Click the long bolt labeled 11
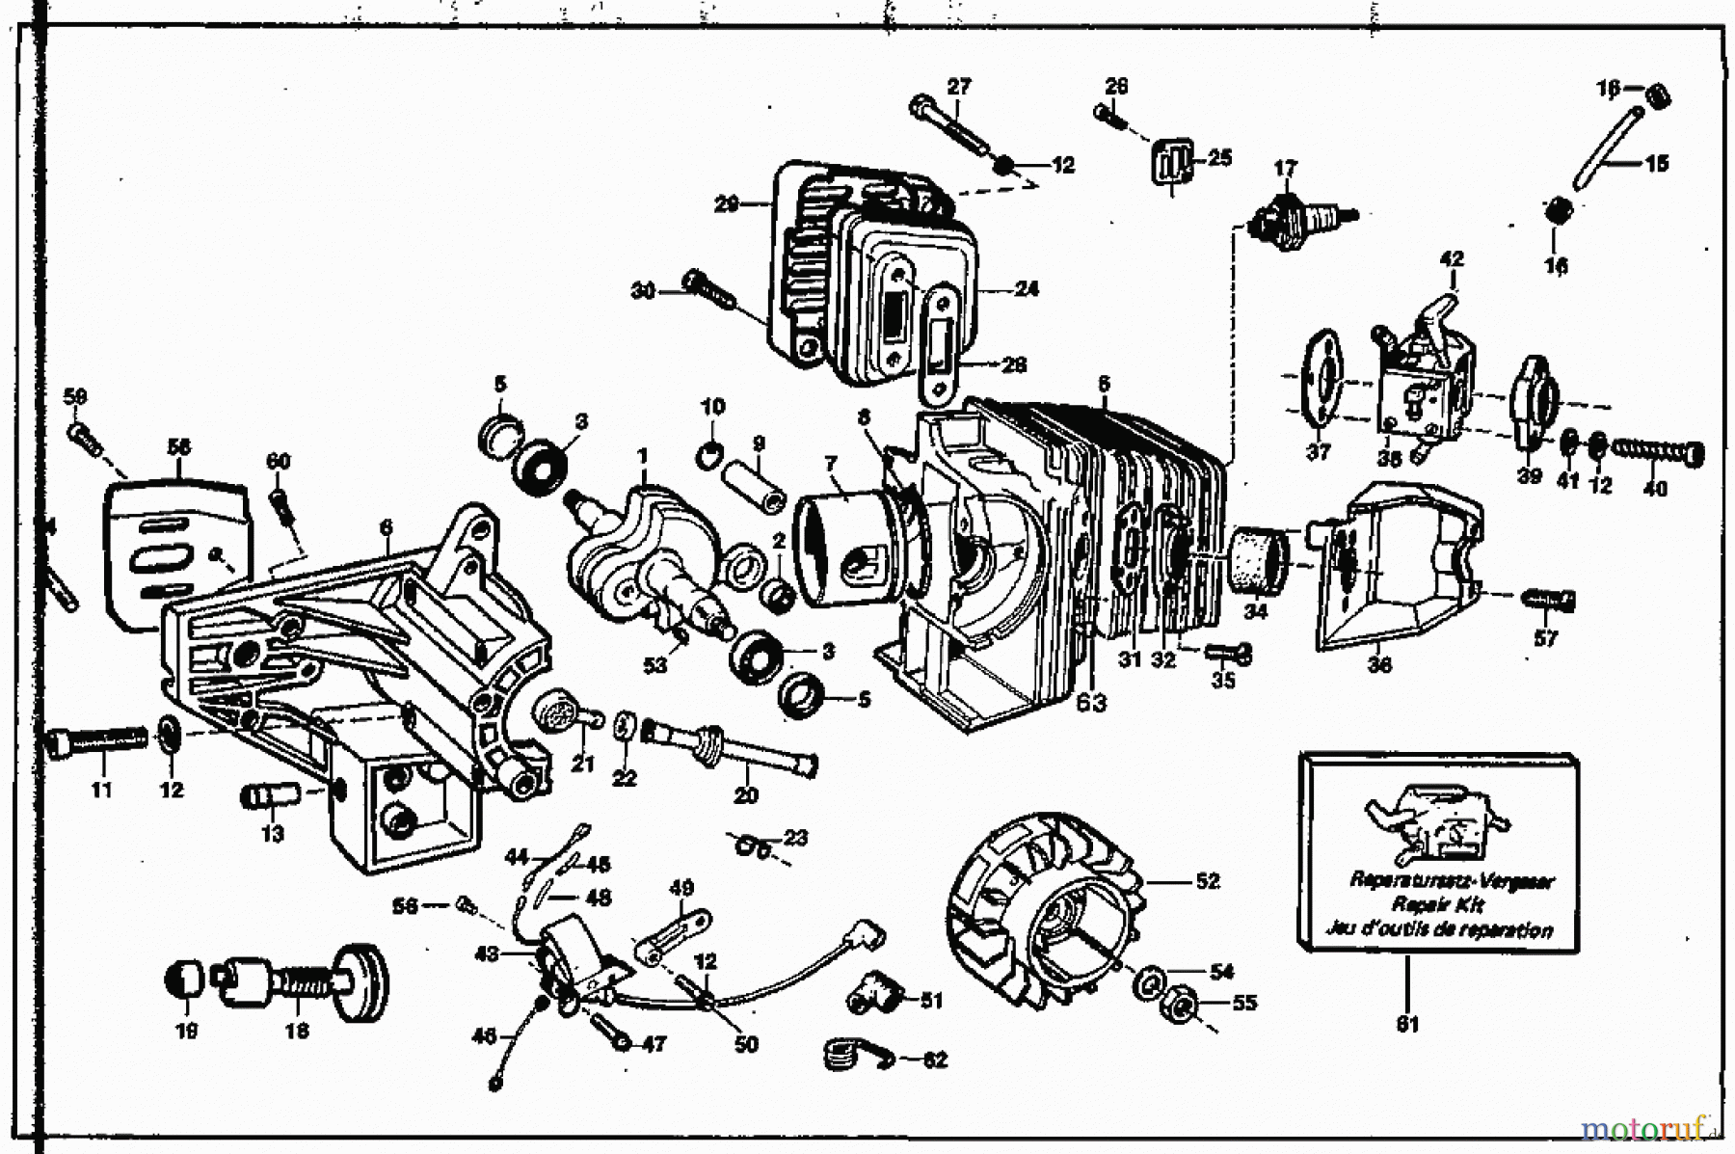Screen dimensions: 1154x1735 96,741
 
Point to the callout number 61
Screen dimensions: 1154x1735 1407,1024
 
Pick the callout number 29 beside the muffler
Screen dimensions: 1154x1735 727,203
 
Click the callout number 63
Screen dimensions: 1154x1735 1092,703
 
